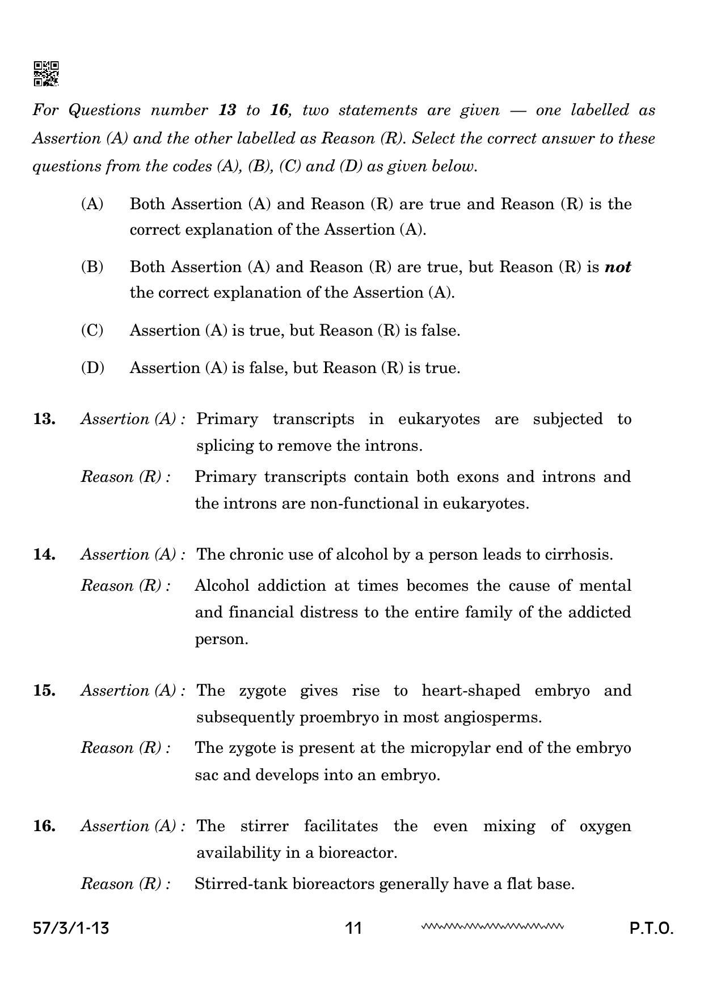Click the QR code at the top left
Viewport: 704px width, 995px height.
46,74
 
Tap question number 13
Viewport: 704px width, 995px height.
44,419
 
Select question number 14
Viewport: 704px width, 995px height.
44,554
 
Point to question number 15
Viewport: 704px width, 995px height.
44,690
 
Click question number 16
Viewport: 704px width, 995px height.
44,825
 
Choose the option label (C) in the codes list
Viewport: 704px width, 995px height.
92,330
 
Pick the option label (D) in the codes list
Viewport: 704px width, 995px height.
92,367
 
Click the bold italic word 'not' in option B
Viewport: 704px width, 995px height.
618,267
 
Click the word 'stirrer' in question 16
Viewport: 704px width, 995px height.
264,825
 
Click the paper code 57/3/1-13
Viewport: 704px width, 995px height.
71,928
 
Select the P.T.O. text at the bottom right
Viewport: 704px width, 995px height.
651,929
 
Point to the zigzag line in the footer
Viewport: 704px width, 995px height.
492,927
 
